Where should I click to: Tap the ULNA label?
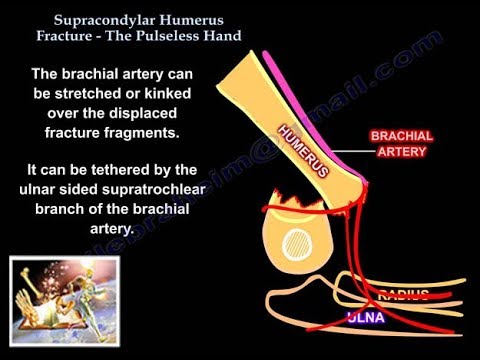click(367, 318)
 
